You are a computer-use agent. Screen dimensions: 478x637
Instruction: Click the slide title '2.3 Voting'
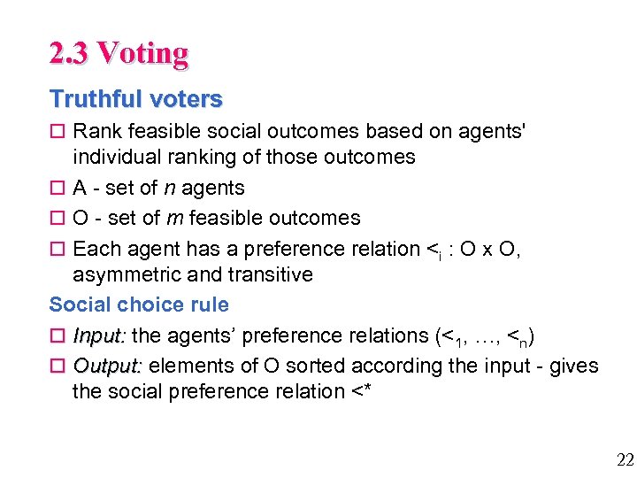click(119, 54)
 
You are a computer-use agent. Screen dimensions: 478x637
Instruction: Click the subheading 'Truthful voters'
click(135, 99)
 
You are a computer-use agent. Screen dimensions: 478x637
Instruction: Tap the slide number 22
click(625, 459)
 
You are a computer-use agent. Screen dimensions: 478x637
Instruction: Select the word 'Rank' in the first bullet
click(94, 132)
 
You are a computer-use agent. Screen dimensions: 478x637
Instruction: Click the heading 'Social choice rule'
click(139, 305)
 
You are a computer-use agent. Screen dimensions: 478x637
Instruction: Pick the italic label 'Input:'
click(99, 335)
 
